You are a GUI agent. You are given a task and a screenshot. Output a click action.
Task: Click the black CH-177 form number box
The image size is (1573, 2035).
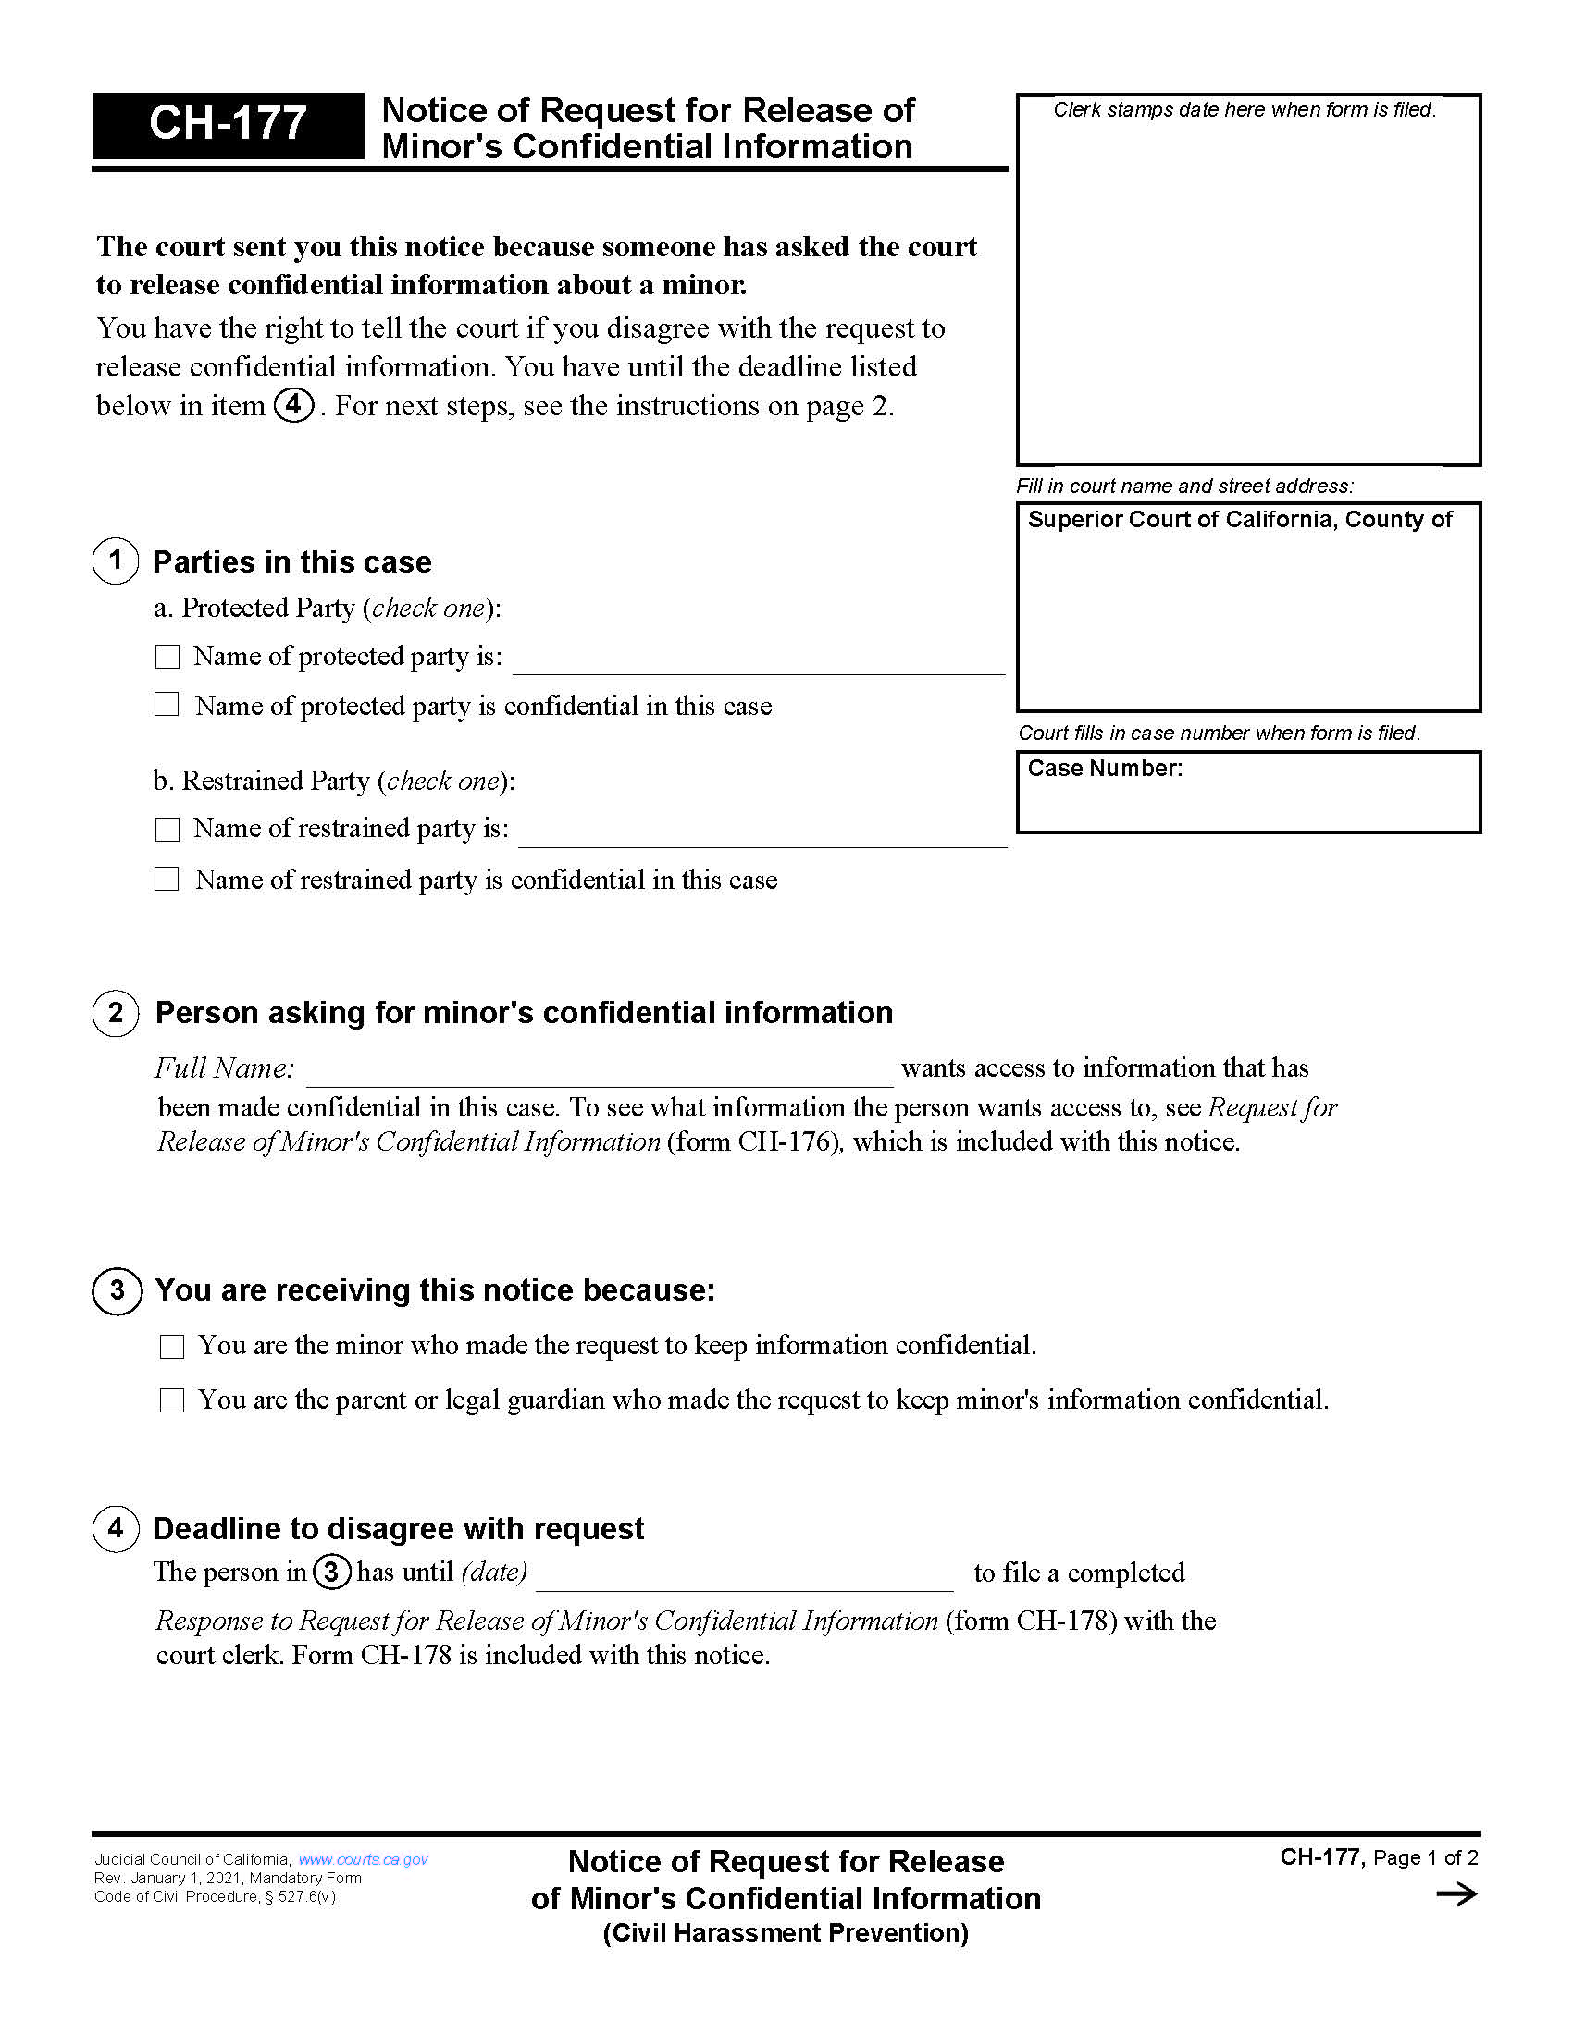point(228,125)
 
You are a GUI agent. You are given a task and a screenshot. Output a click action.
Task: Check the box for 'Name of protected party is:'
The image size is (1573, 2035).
point(167,657)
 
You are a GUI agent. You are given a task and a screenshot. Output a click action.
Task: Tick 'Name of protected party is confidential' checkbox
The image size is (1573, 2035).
point(167,705)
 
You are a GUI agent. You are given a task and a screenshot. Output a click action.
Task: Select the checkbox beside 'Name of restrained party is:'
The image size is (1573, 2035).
point(167,830)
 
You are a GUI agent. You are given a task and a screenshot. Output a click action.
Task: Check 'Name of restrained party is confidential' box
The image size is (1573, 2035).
point(167,879)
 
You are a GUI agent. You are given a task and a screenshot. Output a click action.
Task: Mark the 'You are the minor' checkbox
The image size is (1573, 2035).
point(171,1347)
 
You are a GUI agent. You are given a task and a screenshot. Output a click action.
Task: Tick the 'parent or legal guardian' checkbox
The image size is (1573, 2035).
point(171,1400)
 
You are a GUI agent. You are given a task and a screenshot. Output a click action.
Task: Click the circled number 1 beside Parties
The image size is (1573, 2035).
point(116,561)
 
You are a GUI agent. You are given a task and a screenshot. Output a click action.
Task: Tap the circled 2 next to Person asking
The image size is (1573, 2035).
point(116,1013)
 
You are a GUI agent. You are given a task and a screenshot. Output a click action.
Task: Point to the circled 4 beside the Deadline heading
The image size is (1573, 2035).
point(116,1528)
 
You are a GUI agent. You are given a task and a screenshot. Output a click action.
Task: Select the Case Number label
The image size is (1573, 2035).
point(1104,769)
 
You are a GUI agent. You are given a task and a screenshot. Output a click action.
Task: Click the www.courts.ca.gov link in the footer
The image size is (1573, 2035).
point(363,1859)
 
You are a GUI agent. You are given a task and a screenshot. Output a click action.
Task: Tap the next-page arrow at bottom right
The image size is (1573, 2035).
point(1456,1893)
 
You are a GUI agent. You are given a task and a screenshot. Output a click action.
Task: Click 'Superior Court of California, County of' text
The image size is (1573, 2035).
point(1239,520)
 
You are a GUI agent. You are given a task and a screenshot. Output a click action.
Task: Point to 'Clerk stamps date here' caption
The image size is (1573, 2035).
point(1244,110)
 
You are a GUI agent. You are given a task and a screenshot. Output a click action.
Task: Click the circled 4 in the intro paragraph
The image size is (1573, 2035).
point(293,405)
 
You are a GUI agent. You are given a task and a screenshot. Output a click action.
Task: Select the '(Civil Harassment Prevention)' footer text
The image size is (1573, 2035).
point(786,1933)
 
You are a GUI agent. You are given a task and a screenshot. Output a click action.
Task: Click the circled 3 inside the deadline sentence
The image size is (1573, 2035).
point(331,1572)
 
